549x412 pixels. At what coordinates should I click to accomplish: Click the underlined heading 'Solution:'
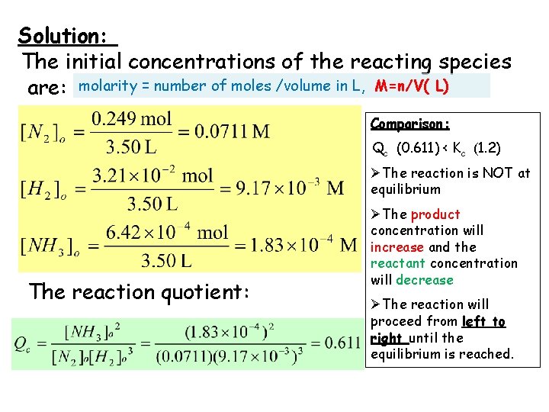point(66,36)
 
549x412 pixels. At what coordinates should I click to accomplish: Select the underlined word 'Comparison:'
point(410,123)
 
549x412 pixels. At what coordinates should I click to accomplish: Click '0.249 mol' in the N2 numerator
point(131,118)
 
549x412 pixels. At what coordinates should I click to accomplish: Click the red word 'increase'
point(396,247)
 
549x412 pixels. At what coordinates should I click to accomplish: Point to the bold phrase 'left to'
point(483,321)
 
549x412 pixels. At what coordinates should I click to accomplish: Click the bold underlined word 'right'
point(387,337)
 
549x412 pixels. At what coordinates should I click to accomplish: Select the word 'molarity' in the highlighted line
point(105,85)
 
